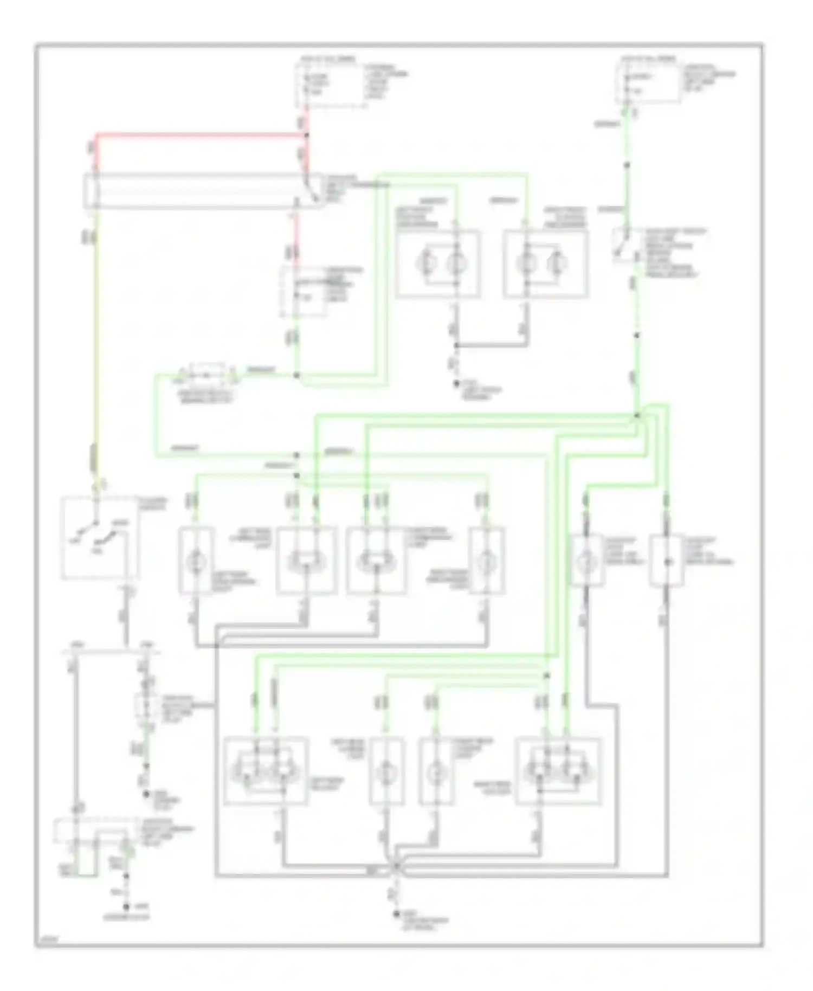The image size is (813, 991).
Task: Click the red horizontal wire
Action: coord(201,133)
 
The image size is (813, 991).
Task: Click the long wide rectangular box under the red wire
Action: coord(195,191)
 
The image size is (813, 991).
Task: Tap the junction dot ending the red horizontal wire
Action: coord(307,134)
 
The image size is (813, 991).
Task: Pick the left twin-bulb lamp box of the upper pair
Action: coord(438,264)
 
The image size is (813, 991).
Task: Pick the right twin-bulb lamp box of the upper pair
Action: coord(545,264)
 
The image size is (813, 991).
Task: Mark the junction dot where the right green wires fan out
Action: coord(637,416)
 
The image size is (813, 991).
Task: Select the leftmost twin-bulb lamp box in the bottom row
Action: coord(266,770)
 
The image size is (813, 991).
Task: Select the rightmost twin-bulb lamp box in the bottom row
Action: coord(559,770)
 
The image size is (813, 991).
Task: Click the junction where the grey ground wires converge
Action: coord(395,866)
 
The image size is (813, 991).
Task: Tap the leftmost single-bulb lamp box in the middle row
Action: coord(196,560)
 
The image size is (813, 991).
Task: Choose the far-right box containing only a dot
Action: coord(666,561)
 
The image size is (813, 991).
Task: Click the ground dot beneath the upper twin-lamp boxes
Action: coord(457,384)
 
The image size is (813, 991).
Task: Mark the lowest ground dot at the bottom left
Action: coord(126,906)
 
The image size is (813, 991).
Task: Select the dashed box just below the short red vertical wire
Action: coord(304,292)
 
